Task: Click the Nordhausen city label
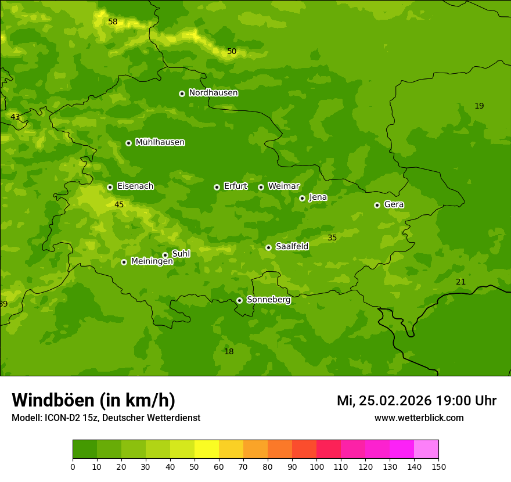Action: (x=213, y=93)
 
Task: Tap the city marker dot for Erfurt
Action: (x=217, y=187)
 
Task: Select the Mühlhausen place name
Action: (x=160, y=142)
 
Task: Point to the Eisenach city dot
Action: (x=110, y=187)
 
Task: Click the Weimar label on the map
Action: (x=283, y=186)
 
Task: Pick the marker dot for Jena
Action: (x=302, y=198)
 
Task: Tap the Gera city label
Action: (x=394, y=204)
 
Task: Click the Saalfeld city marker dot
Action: (x=268, y=247)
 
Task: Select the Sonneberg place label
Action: (x=268, y=300)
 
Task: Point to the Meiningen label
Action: (x=152, y=262)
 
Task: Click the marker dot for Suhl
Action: (x=165, y=255)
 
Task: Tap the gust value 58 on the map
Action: (x=113, y=22)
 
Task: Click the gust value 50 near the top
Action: (x=232, y=52)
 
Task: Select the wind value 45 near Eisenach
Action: (x=119, y=205)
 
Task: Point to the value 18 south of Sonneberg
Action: (x=229, y=352)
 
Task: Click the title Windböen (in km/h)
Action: (x=93, y=400)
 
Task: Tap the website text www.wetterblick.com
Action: (x=419, y=418)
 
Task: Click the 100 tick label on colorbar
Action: (x=316, y=466)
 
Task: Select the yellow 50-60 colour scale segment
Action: (x=207, y=449)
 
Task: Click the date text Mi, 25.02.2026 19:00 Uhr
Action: (x=416, y=401)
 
